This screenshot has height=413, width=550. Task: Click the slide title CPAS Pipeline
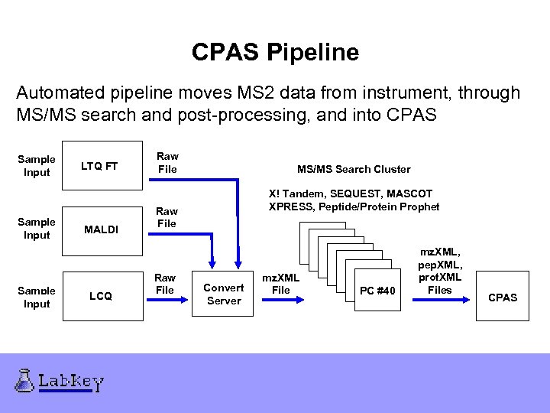pos(275,53)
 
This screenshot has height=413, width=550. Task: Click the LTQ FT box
pos(101,165)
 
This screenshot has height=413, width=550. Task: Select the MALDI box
pos(101,229)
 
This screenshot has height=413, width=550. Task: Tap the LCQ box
pos(101,296)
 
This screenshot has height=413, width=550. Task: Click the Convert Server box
pos(224,294)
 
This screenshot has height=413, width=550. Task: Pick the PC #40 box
pos(377,291)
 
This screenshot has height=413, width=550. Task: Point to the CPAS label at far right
pos(503,298)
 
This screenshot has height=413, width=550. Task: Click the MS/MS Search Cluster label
pos(354,169)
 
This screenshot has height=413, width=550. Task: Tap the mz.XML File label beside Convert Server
pos(281,284)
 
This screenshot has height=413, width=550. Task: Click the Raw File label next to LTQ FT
pos(167,162)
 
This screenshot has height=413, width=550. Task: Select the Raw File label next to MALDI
pos(167,217)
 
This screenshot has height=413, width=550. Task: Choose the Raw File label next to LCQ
pos(165,284)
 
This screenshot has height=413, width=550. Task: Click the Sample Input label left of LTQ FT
pos(37,165)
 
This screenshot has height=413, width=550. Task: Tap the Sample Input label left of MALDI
pos(37,228)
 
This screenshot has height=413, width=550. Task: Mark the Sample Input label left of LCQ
pos(37,297)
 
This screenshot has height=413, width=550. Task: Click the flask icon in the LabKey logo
pos(24,381)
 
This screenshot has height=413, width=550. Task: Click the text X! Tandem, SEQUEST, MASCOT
pos(350,194)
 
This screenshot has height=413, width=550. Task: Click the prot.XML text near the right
pos(440,276)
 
